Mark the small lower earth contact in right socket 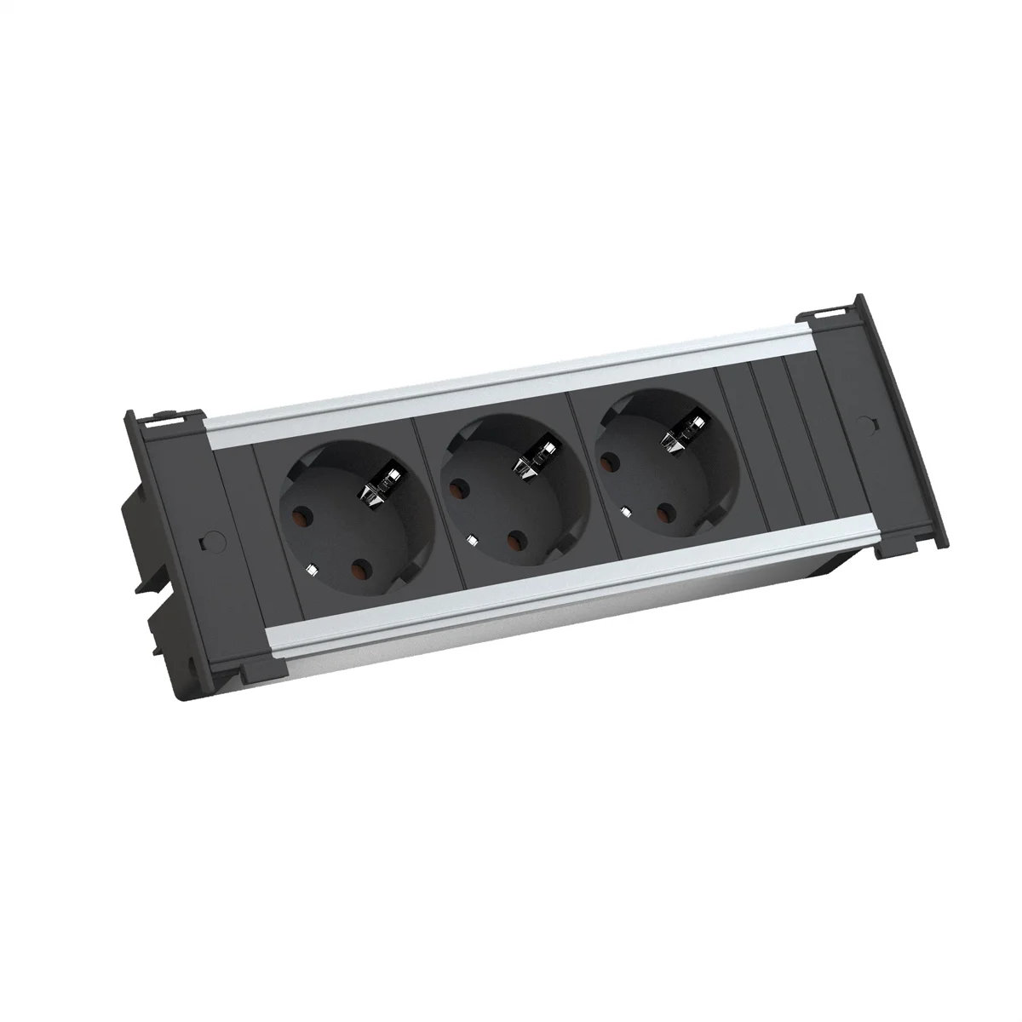[x=626, y=512]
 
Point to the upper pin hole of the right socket [x=608, y=461]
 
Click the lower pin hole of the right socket [x=663, y=513]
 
